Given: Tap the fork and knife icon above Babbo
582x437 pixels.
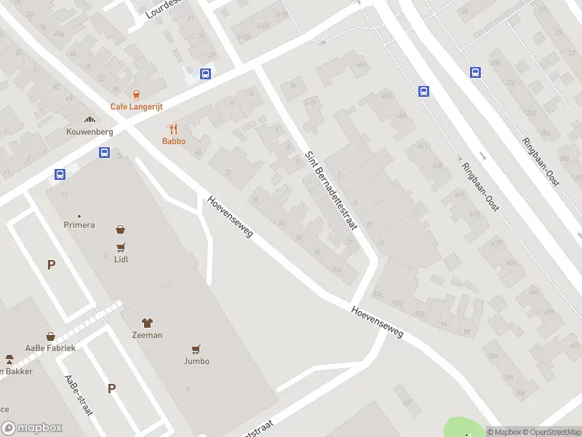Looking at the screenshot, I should (174, 130).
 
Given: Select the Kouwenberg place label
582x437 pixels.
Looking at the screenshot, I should (89, 131).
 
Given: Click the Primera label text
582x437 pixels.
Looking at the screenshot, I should (79, 225).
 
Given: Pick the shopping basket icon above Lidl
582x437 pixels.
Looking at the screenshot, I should (121, 229).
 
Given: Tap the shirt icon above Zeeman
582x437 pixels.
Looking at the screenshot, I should (147, 323).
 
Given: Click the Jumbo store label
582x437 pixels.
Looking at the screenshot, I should (196, 361).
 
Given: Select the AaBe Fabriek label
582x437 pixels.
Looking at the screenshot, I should (49, 348).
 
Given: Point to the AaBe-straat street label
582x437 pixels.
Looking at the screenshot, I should (79, 396).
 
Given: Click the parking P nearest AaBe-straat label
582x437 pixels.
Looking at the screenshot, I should (111, 388).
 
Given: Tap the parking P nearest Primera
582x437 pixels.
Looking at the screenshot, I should (51, 265).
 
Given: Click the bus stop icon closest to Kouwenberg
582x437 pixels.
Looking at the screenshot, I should (104, 153).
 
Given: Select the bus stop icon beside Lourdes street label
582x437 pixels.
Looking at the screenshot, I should (206, 74).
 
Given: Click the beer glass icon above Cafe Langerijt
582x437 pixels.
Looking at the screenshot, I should (136, 94).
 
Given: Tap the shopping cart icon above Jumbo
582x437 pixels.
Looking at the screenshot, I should (196, 350).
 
